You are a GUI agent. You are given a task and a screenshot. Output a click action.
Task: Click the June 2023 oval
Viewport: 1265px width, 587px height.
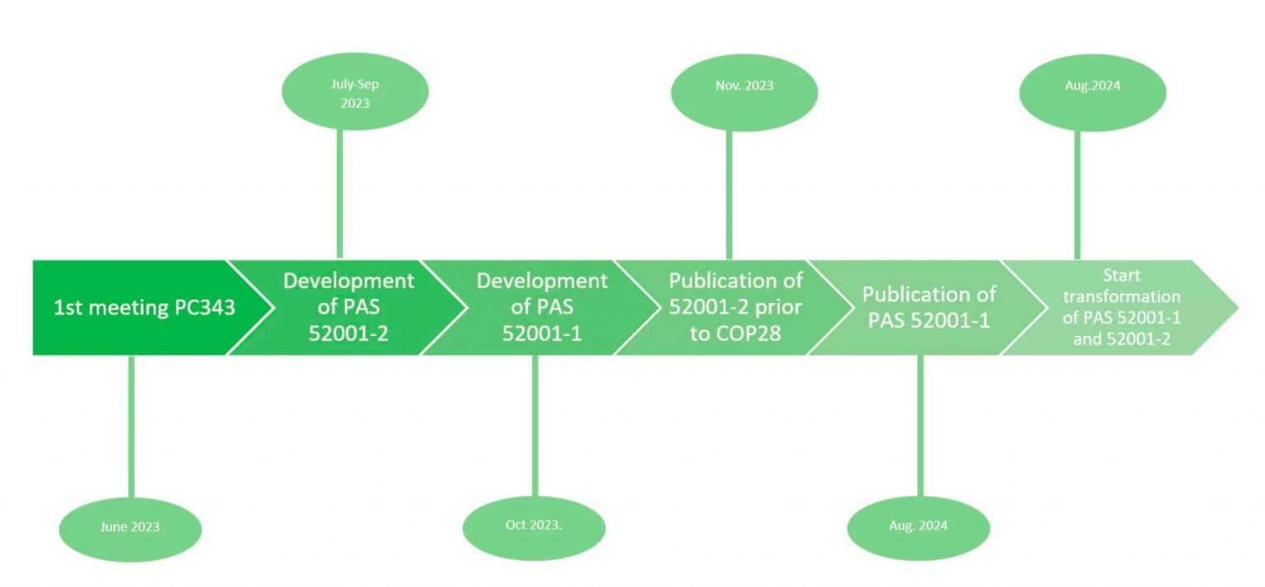(130, 527)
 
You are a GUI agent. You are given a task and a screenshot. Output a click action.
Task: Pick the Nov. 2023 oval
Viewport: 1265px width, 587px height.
(745, 86)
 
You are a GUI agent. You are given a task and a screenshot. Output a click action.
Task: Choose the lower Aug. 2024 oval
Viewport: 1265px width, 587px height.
(919, 526)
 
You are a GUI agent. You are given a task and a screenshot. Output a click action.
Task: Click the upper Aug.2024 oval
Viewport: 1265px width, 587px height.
(1092, 86)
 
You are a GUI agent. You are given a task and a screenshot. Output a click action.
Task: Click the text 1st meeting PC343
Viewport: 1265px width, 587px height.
(144, 309)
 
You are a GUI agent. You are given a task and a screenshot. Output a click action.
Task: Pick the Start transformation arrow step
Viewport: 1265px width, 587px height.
(1120, 308)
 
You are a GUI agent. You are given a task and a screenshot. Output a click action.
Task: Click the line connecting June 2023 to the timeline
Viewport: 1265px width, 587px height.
(131, 424)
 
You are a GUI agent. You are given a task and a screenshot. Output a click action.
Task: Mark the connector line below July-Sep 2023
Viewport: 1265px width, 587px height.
(339, 193)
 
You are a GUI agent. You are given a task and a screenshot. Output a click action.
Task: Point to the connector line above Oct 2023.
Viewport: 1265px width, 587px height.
(534, 424)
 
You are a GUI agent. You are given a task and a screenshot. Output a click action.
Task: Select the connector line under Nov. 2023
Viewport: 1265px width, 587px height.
(729, 193)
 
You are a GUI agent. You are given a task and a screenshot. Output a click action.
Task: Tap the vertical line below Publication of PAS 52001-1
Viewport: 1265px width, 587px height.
(920, 424)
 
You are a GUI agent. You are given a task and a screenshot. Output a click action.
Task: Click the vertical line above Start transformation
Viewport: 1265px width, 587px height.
(1076, 193)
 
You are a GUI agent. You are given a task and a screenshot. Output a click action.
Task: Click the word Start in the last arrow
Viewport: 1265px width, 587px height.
(1121, 276)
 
